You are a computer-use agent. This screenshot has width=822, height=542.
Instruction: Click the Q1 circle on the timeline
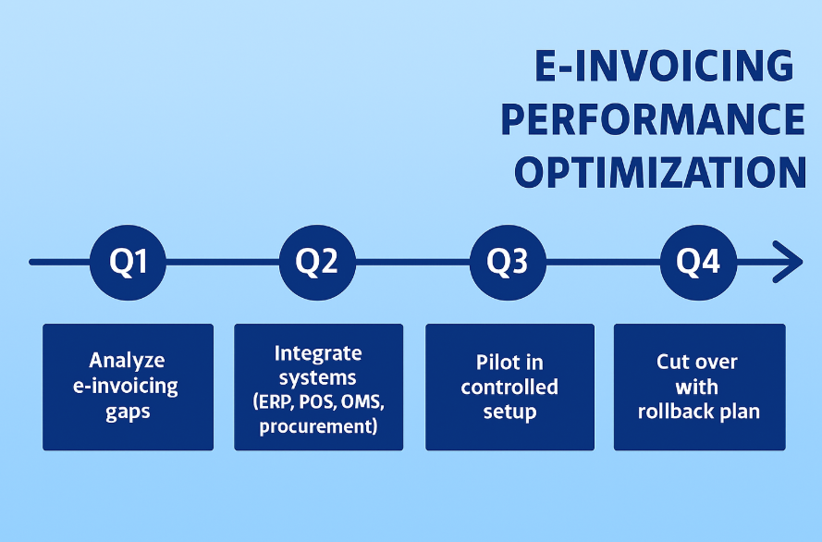tap(129, 262)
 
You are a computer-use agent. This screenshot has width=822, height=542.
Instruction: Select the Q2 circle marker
tap(317, 262)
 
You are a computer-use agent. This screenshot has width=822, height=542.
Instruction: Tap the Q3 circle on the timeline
tap(508, 262)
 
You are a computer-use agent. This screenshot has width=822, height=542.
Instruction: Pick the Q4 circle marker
tap(698, 262)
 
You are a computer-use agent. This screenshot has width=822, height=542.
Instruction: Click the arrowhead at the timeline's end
tap(791, 262)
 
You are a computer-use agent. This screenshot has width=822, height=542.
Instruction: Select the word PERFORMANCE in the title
tap(652, 119)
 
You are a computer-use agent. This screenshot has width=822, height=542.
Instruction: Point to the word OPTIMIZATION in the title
tap(659, 173)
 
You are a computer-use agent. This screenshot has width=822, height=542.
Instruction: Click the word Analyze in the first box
tap(127, 361)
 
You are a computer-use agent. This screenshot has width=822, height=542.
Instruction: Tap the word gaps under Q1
tap(128, 411)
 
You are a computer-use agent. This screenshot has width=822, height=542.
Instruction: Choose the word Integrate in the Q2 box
tap(318, 353)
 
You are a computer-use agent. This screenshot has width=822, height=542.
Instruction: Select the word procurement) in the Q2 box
tap(318, 426)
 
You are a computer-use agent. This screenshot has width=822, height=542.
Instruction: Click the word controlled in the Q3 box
tap(509, 386)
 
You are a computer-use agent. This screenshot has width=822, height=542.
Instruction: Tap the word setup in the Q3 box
tap(509, 411)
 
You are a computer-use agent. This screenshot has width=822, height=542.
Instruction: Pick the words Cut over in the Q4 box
tap(698, 361)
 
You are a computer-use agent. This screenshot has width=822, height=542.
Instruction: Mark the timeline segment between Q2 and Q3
tap(412, 262)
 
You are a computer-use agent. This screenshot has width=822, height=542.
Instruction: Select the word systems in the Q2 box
tap(318, 377)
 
